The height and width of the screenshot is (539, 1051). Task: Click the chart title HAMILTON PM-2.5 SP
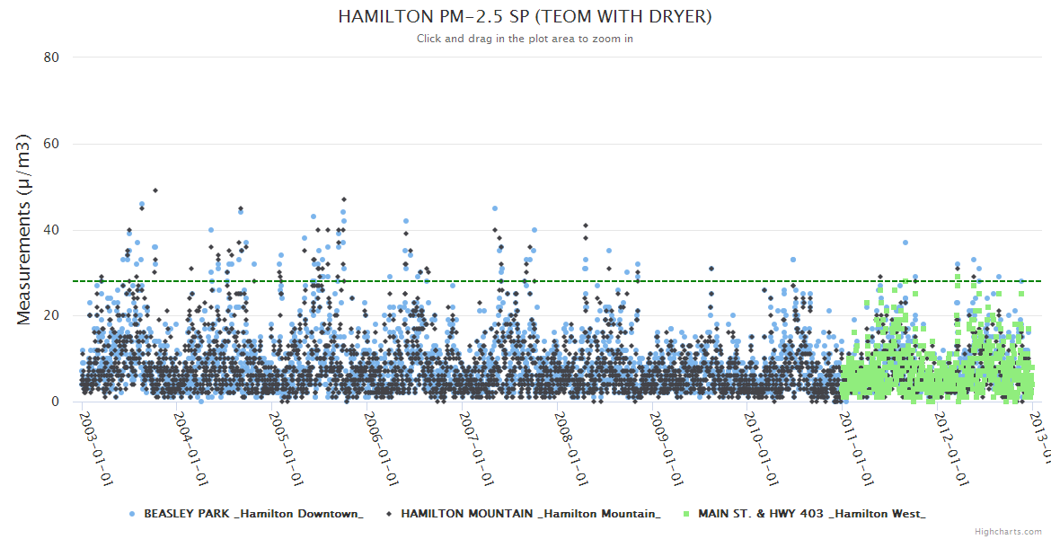click(x=525, y=17)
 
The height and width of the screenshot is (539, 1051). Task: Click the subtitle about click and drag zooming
click(x=525, y=39)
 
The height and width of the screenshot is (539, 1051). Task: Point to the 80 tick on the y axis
click(x=51, y=57)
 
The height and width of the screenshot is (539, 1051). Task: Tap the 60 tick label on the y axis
click(x=51, y=144)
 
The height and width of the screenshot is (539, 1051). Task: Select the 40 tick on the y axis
click(x=51, y=230)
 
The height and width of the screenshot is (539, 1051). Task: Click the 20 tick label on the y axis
click(x=51, y=316)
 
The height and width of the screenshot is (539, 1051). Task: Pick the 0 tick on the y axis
click(x=55, y=402)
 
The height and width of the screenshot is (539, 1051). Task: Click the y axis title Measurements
click(x=25, y=229)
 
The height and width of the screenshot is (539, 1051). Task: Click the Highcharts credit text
click(x=1008, y=532)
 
